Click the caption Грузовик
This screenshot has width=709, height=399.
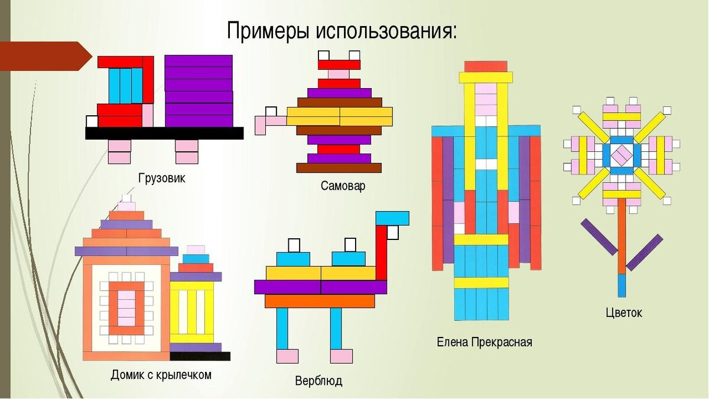pos(161,178)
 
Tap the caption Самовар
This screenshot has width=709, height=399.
pos(343,186)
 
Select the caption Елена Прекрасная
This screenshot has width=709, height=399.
pos(484,342)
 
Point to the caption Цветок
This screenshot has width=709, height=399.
pos(623,313)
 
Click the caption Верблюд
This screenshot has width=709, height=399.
pos(318,381)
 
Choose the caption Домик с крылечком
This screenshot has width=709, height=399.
pos(161,375)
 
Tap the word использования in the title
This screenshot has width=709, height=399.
pos(386,30)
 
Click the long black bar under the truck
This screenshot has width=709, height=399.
pos(164,133)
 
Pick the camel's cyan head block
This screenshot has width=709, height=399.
pos(392,218)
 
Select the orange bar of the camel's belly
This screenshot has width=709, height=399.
pos(319,301)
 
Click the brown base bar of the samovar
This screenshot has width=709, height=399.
pos(339,167)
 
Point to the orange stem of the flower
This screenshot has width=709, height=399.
pos(622,236)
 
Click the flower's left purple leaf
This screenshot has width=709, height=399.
pos(599,236)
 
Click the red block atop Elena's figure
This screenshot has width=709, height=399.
pos(486,66)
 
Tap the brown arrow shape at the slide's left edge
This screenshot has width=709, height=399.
pos(45,56)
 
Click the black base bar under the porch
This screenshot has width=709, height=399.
pos(200,356)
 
